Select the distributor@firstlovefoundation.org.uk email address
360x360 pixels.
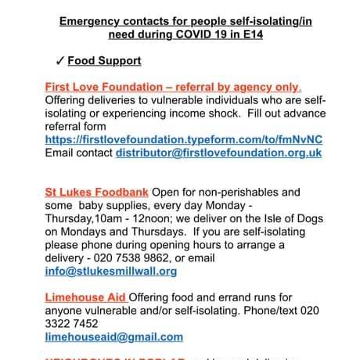[218, 153]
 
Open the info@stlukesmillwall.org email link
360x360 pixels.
[111, 272]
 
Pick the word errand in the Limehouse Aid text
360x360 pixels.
[213, 297]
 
